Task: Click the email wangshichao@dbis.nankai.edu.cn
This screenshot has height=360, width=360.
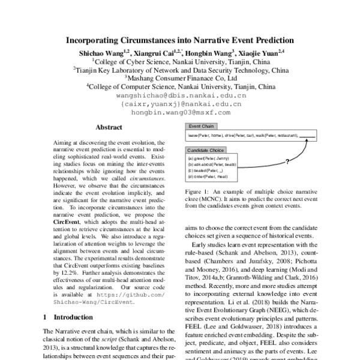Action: coord(181,95)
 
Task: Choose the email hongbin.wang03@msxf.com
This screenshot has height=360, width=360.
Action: coord(181,112)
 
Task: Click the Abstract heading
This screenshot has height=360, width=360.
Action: coord(109,127)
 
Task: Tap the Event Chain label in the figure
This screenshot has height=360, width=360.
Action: coord(202,127)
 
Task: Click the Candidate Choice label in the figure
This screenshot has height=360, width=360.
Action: coord(206,149)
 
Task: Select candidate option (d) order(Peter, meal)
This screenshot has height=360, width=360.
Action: coord(208,177)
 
